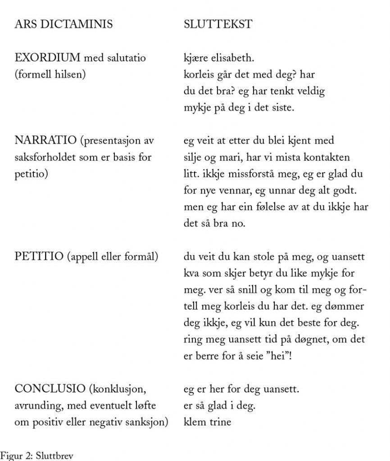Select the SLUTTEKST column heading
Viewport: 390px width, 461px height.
click(218, 24)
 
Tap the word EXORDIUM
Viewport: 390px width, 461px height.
click(47, 58)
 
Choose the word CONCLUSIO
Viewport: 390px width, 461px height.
click(50, 388)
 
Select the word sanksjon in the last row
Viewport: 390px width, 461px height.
click(146, 422)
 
